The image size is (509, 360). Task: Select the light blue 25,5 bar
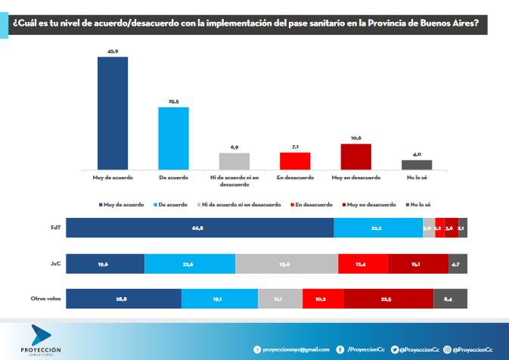tap(173, 138)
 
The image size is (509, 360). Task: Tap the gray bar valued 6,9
tap(234, 161)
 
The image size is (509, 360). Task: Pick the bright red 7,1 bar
tap(295, 161)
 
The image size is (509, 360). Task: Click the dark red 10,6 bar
tap(355, 157)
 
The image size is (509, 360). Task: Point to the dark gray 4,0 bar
tap(417, 164)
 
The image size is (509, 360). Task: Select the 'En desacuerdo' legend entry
tap(312, 205)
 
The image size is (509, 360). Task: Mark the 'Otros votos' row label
tap(45, 299)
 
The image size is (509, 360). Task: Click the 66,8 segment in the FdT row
tap(200, 228)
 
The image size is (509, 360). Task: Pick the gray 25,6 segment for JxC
tap(287, 263)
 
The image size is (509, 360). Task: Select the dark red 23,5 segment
tap(386, 299)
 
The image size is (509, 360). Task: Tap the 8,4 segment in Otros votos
tap(450, 299)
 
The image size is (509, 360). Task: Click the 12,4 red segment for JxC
tap(362, 263)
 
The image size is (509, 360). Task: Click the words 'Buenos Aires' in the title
tap(451, 23)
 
